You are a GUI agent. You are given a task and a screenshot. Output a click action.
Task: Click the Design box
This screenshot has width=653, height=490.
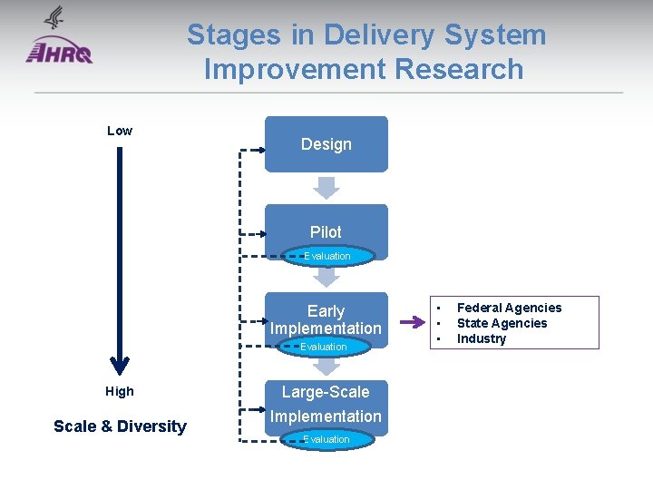click(326, 144)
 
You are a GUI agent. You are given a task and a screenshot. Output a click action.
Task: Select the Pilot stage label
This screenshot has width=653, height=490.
click(326, 231)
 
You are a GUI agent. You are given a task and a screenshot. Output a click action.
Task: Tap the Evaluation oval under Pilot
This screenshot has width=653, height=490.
click(326, 256)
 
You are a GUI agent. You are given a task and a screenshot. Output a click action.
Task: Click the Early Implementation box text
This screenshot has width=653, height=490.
click(326, 319)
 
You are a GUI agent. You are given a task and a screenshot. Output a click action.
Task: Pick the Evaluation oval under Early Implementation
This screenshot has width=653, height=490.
click(324, 347)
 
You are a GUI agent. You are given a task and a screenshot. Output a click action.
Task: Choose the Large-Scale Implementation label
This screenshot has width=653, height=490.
click(326, 405)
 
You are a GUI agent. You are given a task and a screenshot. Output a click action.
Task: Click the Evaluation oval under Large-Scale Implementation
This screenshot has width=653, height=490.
click(326, 439)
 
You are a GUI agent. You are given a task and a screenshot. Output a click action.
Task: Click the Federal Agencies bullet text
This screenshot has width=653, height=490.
click(509, 308)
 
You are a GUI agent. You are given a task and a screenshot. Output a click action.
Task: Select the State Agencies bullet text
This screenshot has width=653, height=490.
click(502, 323)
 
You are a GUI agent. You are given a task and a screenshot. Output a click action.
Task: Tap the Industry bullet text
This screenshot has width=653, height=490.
click(482, 338)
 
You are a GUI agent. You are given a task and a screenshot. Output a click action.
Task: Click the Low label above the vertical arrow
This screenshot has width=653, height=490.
click(120, 131)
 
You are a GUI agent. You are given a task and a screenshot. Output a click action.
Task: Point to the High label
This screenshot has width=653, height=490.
click(119, 391)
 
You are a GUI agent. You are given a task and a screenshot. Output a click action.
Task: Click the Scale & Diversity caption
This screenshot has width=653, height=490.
click(120, 426)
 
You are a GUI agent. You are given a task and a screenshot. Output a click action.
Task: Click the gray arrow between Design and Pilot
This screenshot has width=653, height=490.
click(326, 187)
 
